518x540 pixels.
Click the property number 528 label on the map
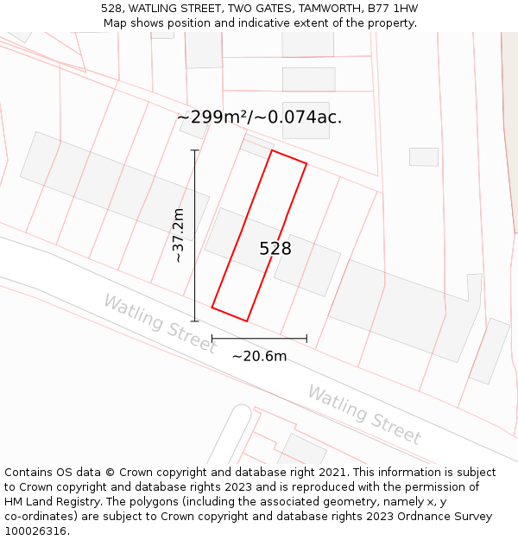[275, 249]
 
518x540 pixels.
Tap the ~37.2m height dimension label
[178, 235]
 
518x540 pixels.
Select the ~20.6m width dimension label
[259, 355]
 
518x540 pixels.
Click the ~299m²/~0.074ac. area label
[259, 117]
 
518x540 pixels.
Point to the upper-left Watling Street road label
[160, 323]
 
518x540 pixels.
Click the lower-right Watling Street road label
[364, 415]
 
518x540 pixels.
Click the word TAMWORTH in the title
[329, 9]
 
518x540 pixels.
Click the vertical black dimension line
[195, 235]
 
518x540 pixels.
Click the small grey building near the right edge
[423, 157]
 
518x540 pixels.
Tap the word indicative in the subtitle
[258, 23]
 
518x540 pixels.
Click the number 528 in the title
[111, 9]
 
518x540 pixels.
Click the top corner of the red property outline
[273, 150]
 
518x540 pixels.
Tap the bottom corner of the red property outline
[247, 321]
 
